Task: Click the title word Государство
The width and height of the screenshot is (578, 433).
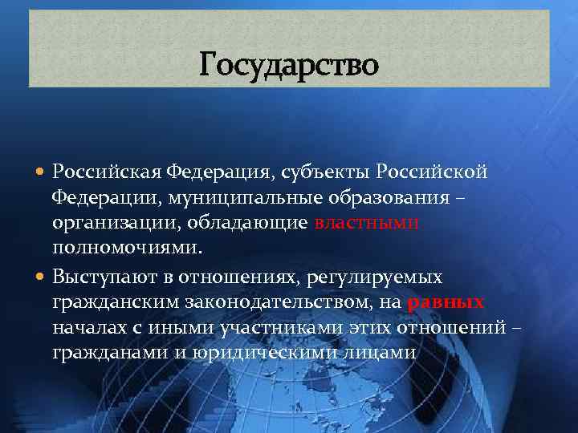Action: [289, 64]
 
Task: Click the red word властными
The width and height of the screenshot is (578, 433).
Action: [368, 223]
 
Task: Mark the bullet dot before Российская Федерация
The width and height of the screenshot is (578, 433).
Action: [41, 172]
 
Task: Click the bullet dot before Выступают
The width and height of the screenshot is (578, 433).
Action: [41, 277]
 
